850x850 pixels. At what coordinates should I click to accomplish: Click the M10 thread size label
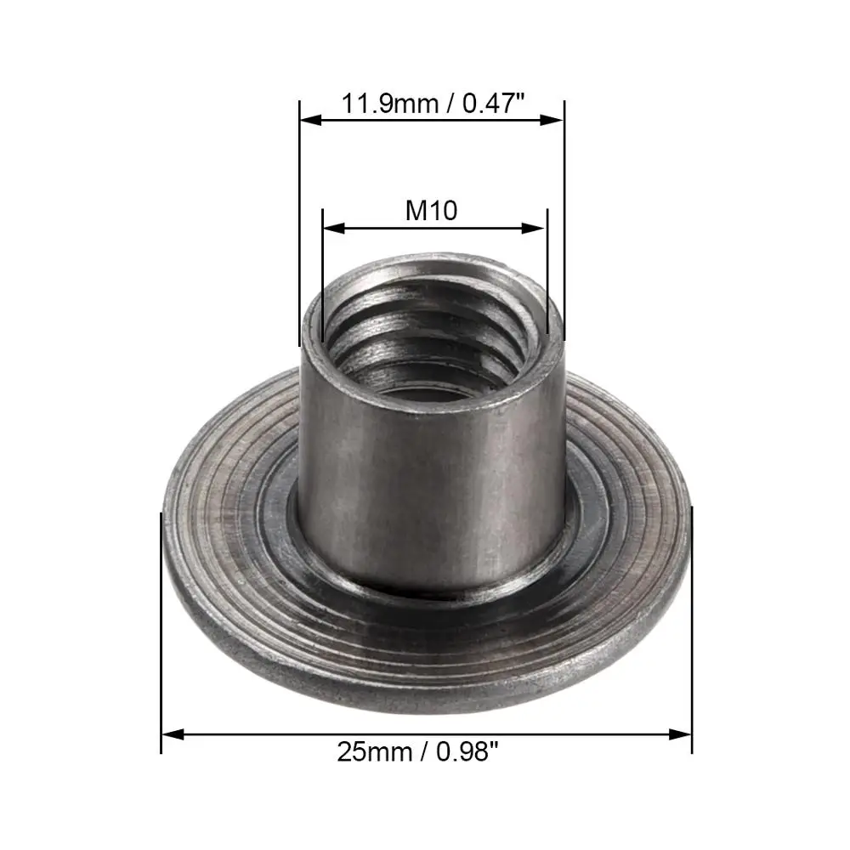pyautogui.click(x=432, y=210)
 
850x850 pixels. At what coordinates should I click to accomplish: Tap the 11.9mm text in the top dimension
pyautogui.click(x=390, y=103)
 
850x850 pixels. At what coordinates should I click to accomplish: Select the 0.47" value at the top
pyautogui.click(x=494, y=103)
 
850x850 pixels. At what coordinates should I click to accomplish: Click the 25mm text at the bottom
pyautogui.click(x=375, y=752)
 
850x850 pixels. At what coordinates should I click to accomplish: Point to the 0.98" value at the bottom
pyautogui.click(x=467, y=752)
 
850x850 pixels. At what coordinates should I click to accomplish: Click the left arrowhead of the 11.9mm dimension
pyautogui.click(x=311, y=119)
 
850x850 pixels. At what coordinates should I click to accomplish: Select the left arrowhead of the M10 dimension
pyautogui.click(x=334, y=228)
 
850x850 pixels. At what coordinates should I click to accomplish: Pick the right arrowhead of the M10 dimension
pyautogui.click(x=534, y=228)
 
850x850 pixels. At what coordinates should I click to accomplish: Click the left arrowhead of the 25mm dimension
pyautogui.click(x=173, y=734)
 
